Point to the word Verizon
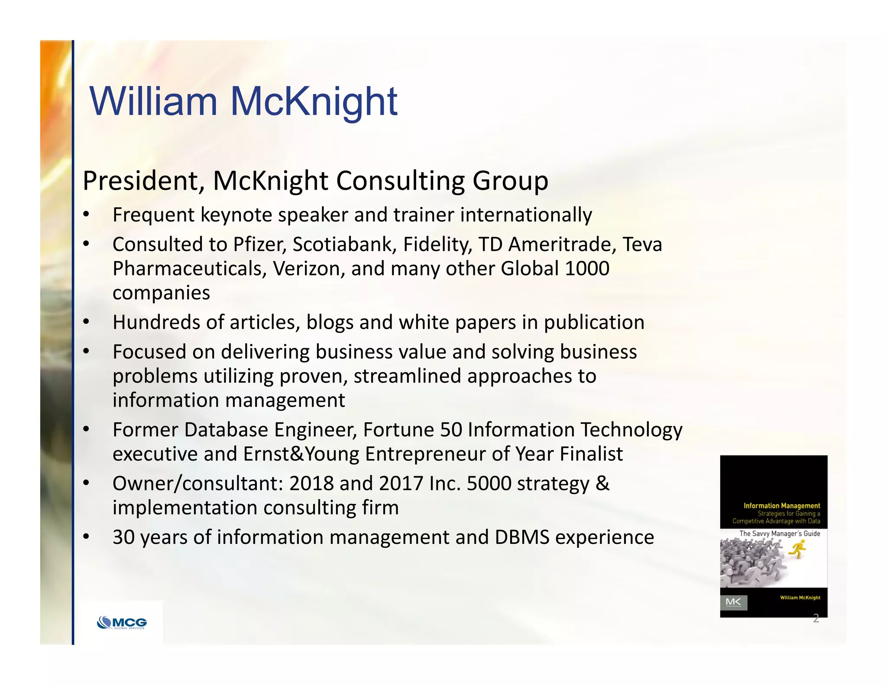[309, 269]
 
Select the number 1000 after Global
[587, 269]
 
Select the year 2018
[311, 484]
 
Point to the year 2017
[401, 484]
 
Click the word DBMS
[522, 537]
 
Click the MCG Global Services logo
[122, 623]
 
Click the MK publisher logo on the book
[733, 602]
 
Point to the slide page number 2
[816, 618]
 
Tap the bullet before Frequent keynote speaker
[86, 215]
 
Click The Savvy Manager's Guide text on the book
[780, 533]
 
